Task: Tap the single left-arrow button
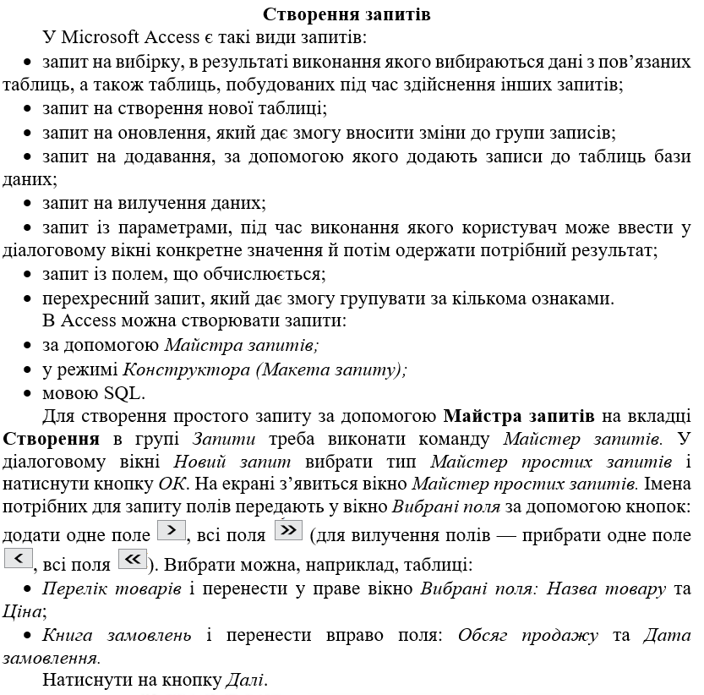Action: [x=18, y=559]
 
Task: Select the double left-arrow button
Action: [x=133, y=559]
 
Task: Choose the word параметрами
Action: [x=170, y=227]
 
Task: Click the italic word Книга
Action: [x=66, y=634]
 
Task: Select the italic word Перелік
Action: [x=71, y=588]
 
